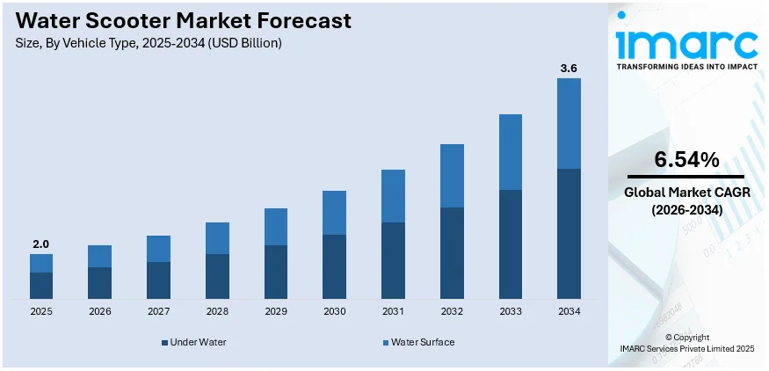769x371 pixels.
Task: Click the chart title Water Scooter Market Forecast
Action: click(x=184, y=19)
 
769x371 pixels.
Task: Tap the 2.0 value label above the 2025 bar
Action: click(x=40, y=244)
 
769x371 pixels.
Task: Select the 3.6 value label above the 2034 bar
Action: click(x=569, y=67)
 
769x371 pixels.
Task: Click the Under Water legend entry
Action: click(x=193, y=342)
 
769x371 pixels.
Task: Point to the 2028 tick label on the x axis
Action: click(x=217, y=311)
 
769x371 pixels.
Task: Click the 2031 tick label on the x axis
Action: click(x=393, y=311)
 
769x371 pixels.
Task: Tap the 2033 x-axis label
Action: click(x=510, y=311)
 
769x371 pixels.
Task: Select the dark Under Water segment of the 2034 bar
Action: click(x=569, y=233)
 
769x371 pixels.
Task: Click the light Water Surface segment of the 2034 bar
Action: click(x=569, y=123)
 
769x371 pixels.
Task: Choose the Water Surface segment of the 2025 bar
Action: click(x=41, y=263)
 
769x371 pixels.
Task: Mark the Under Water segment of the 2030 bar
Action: click(x=334, y=266)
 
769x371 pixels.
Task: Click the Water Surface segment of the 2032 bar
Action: click(x=452, y=176)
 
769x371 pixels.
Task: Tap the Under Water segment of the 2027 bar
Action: click(x=158, y=280)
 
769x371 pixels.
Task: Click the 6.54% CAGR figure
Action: click(x=686, y=160)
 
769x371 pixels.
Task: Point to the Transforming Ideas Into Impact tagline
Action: click(x=686, y=66)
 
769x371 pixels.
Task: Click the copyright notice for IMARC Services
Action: click(x=686, y=343)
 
